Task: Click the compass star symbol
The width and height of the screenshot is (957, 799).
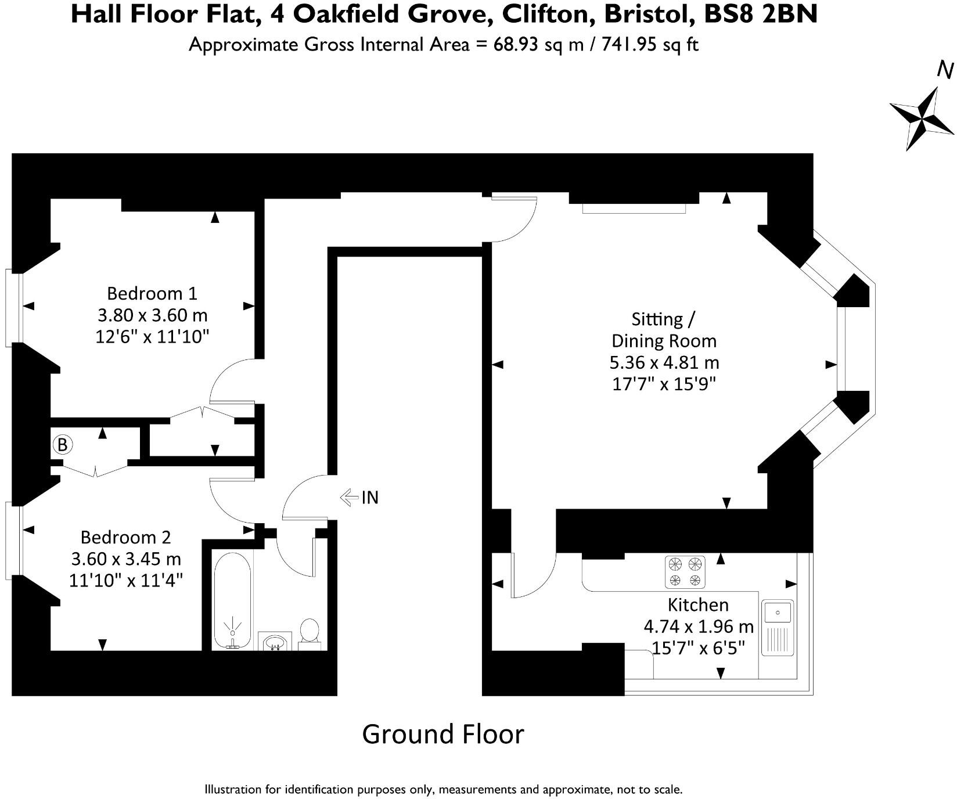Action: (x=922, y=118)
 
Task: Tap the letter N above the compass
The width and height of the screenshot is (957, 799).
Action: (x=945, y=71)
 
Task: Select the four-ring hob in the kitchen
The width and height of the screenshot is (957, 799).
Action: (x=685, y=572)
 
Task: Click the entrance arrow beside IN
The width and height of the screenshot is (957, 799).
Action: (x=348, y=497)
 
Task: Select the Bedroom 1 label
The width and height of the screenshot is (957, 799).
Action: (x=152, y=293)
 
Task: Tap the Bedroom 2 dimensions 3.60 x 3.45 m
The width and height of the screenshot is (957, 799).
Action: (x=126, y=559)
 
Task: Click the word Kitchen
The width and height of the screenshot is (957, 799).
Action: (x=698, y=604)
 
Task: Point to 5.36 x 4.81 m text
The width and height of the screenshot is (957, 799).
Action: (x=664, y=362)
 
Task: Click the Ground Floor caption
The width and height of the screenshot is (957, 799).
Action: (x=442, y=734)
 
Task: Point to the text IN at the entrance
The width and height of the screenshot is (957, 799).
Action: (x=370, y=498)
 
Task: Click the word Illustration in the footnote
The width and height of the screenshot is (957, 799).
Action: (x=232, y=790)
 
